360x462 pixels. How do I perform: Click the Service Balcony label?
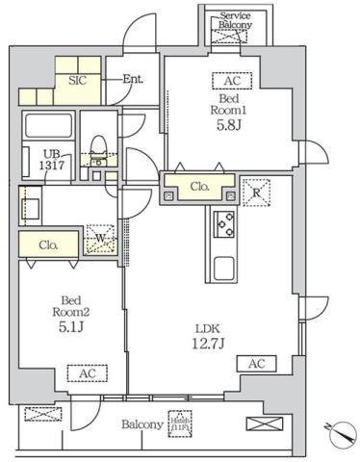[235, 21]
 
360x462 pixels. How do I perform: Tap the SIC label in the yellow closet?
[78, 81]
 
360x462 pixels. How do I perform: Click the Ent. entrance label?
[131, 80]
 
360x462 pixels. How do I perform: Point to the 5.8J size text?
[230, 124]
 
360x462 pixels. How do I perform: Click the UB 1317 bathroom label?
[51, 160]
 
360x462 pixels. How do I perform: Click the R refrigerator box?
[257, 190]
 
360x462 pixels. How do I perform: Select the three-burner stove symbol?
[224, 225]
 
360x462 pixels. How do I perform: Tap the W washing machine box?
[100, 238]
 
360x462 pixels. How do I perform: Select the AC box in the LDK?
[257, 364]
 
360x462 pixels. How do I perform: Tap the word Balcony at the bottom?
[141, 423]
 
